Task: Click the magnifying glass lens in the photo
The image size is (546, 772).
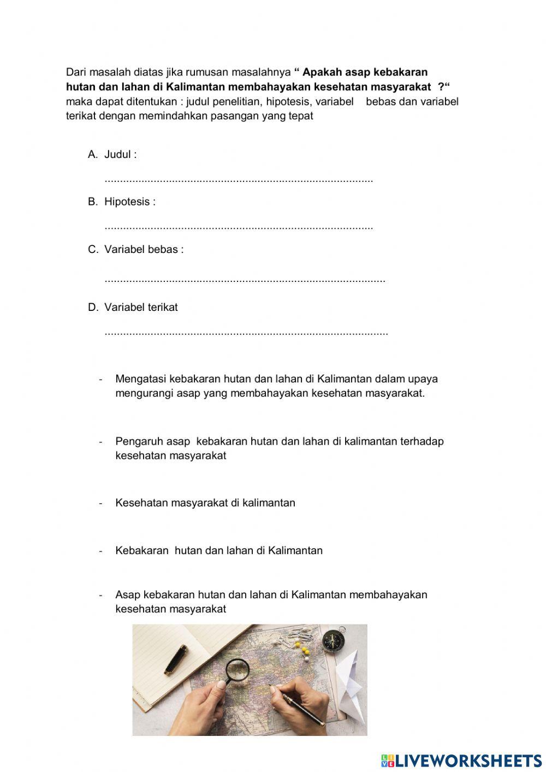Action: (x=237, y=668)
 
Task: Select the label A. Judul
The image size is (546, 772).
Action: (x=112, y=155)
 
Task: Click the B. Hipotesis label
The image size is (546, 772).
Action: (x=122, y=202)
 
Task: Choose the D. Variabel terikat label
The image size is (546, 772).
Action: (x=133, y=307)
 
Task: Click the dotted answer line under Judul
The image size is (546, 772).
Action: (x=239, y=180)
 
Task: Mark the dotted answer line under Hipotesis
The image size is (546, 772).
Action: (x=239, y=227)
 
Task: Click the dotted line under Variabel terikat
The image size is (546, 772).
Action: (x=246, y=332)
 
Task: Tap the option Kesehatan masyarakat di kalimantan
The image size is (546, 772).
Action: (x=205, y=503)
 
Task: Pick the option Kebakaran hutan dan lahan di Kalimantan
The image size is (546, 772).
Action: (x=218, y=550)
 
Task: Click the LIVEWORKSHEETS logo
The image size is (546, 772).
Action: (x=461, y=760)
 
